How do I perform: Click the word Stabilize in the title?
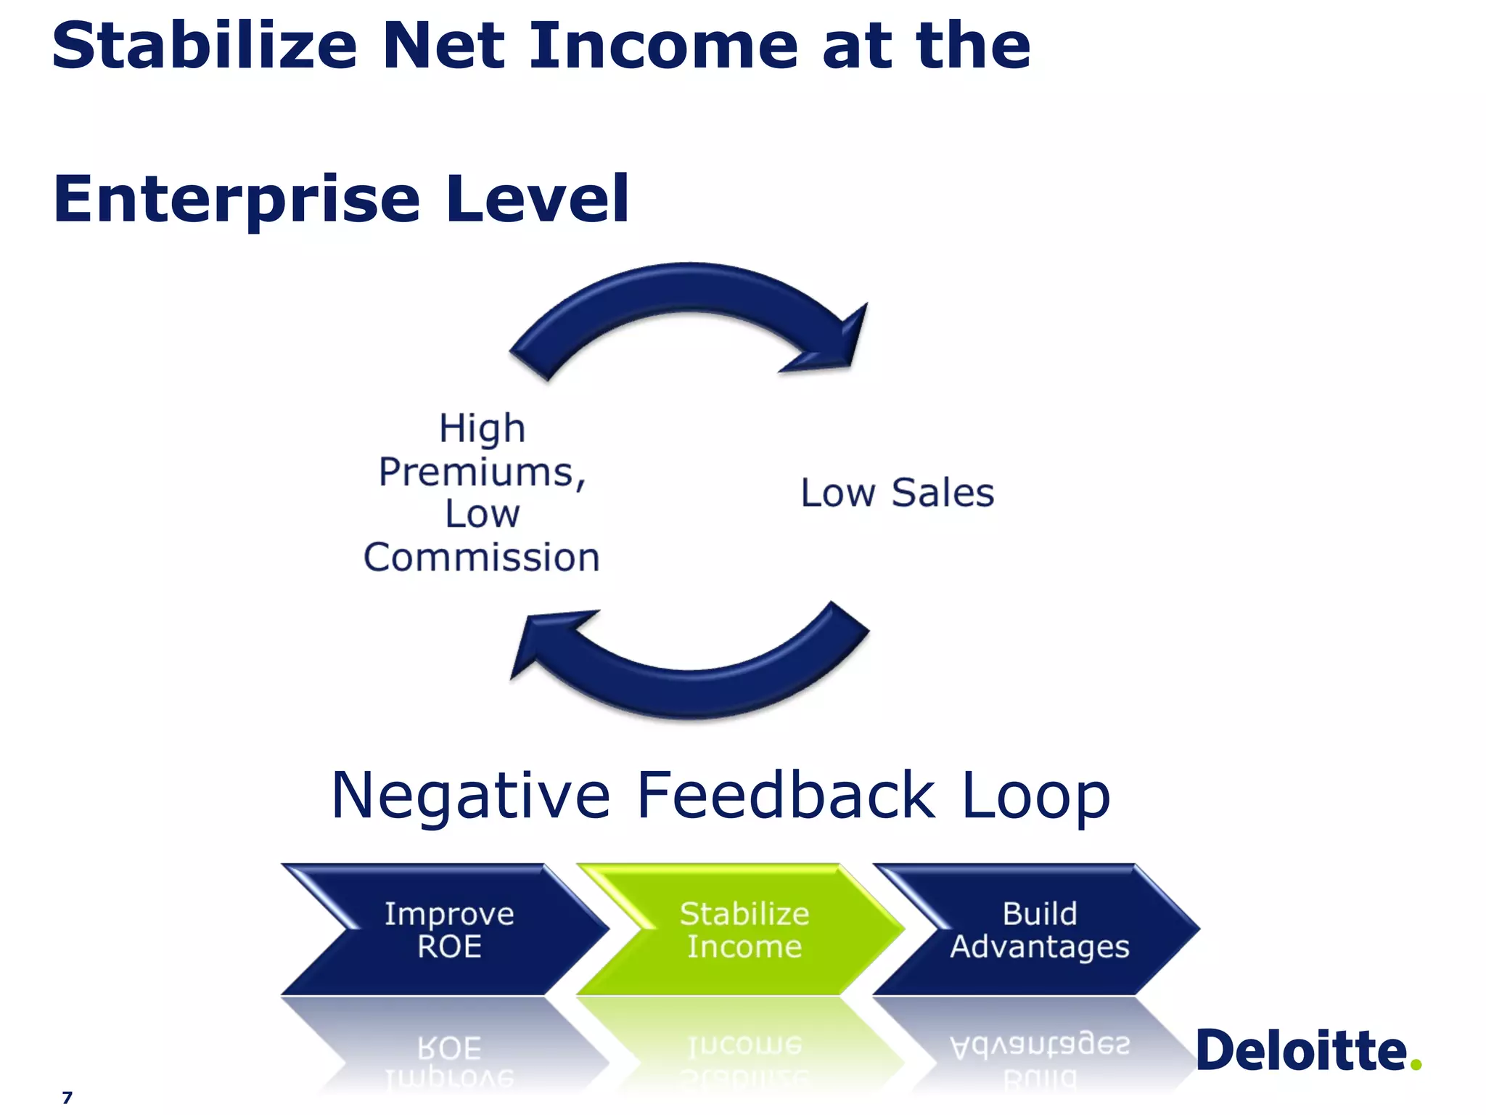205,46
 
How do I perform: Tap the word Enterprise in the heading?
237,200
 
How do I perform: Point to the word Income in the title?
663,46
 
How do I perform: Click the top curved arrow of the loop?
689,298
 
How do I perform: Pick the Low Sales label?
897,494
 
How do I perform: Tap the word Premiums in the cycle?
480,473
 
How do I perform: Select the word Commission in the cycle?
482,557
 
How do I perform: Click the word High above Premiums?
482,428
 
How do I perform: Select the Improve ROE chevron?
448,929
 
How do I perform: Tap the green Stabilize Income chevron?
744,929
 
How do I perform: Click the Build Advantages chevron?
1039,929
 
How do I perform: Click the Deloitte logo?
1302,1050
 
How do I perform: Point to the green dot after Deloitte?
1416,1064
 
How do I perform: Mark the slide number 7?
67,1097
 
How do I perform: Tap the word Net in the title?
443,46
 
